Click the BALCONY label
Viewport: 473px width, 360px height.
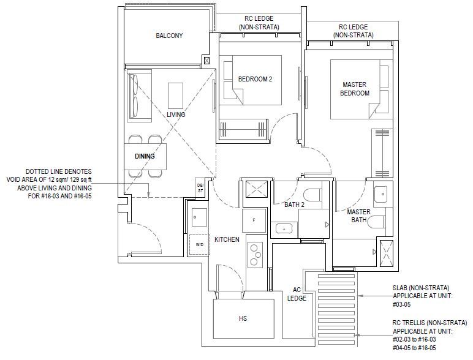click(x=169, y=36)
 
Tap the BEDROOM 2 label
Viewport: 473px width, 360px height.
click(x=255, y=79)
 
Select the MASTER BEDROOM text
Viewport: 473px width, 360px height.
click(x=355, y=89)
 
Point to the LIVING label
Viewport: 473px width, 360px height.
click(x=176, y=114)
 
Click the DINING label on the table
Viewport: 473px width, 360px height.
click(x=145, y=156)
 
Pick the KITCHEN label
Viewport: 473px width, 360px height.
click(x=227, y=239)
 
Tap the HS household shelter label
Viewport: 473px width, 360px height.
click(x=243, y=318)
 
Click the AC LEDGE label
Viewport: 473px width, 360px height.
click(x=297, y=294)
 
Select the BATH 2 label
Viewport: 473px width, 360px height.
click(x=295, y=204)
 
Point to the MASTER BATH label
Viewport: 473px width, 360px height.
click(x=358, y=216)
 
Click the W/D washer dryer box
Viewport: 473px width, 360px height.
click(x=199, y=245)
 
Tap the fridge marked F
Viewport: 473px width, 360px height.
click(x=254, y=220)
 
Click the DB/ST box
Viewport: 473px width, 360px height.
click(x=200, y=188)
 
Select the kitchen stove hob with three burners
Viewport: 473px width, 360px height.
click(x=255, y=255)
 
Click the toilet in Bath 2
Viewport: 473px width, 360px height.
click(x=312, y=195)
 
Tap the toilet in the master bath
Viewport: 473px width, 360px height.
click(x=376, y=222)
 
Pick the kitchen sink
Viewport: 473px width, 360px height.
click(x=199, y=217)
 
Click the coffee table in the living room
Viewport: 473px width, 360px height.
click(x=176, y=96)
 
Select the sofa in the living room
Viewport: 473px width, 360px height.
click(x=139, y=96)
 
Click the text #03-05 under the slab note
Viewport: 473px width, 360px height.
click(x=401, y=304)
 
